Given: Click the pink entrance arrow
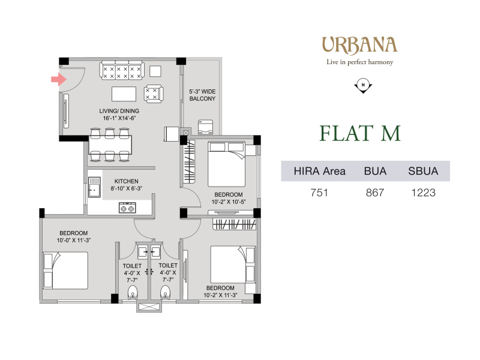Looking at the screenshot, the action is (59, 80).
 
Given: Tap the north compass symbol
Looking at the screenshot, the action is (363, 86).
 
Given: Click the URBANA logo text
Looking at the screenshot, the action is (359, 46).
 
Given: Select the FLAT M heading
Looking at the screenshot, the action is (360, 133).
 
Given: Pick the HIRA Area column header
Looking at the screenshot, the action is (320, 171).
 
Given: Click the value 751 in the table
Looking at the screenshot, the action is (319, 193).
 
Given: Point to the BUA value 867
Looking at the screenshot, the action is (375, 193).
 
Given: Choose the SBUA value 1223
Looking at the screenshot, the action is (424, 193).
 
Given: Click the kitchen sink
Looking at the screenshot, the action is (94, 187).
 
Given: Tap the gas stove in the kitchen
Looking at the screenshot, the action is (127, 208).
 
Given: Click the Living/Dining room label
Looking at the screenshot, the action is (119, 115).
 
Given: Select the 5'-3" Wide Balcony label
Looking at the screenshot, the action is (202, 95).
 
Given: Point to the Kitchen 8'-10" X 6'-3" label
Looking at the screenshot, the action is (127, 185).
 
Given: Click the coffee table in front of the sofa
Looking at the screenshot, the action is (124, 94).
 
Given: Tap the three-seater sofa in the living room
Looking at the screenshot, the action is (122, 70).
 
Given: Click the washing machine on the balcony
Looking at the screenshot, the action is (205, 127).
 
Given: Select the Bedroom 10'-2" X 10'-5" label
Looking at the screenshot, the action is (229, 198).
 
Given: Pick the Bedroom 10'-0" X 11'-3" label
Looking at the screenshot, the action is (73, 236).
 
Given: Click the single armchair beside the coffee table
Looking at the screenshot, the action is (154, 94).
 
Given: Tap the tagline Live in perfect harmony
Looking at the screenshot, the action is (359, 62).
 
